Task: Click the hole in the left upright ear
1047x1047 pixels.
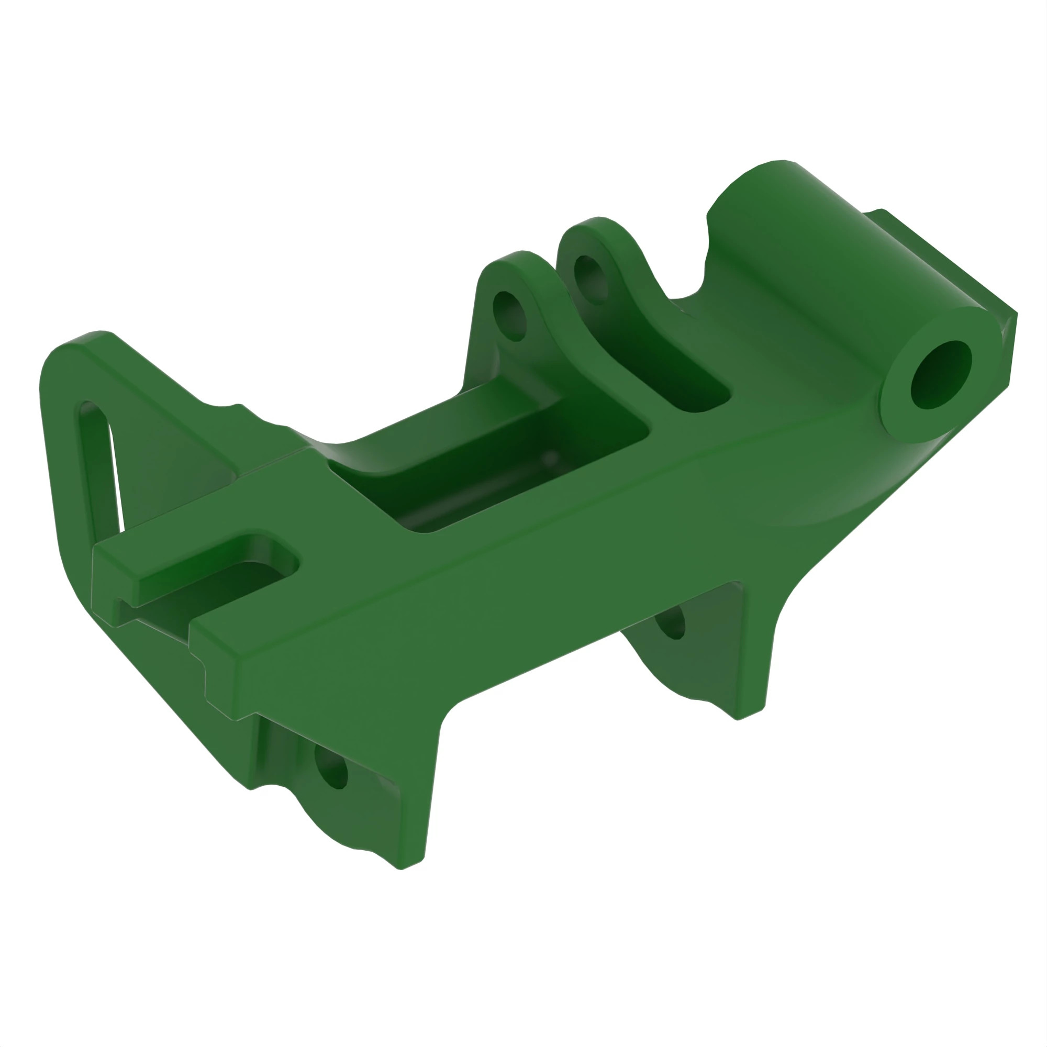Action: point(510,316)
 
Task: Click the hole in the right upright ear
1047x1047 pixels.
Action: point(591,280)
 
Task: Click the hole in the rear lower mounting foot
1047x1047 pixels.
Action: point(671,623)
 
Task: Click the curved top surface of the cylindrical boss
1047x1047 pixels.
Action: point(813,228)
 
